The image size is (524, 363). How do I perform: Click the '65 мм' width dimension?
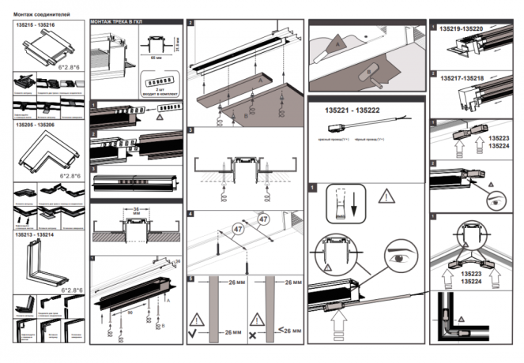pos(154,60)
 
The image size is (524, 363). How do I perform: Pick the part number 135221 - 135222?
pos(346,110)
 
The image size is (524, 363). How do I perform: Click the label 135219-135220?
pos(461,29)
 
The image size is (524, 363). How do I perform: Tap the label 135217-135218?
pos(461,79)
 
